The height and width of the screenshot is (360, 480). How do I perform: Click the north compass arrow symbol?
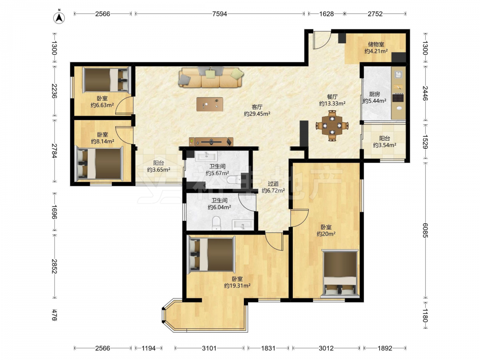click(59, 18)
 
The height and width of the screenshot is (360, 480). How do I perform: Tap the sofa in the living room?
click(211, 77)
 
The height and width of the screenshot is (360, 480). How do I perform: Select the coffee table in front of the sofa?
click(210, 104)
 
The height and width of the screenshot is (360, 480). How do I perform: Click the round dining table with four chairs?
click(332, 125)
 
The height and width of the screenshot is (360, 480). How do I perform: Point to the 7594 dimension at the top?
click(219, 14)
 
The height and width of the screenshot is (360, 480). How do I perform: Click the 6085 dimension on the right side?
click(425, 230)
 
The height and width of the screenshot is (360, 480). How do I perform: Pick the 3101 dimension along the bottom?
click(209, 348)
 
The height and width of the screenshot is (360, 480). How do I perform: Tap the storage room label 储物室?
click(376, 44)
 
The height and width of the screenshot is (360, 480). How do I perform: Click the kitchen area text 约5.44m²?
click(374, 101)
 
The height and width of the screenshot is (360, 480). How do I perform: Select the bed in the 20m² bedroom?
click(340, 274)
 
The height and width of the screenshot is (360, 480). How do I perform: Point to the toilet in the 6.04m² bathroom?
click(216, 223)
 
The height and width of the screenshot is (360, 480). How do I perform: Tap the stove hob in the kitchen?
click(398, 97)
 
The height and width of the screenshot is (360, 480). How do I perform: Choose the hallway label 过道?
click(273, 184)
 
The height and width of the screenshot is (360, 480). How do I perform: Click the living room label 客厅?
click(257, 107)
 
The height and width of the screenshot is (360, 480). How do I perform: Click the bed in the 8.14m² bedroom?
click(99, 163)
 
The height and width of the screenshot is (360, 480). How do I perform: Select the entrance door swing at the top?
click(322, 40)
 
